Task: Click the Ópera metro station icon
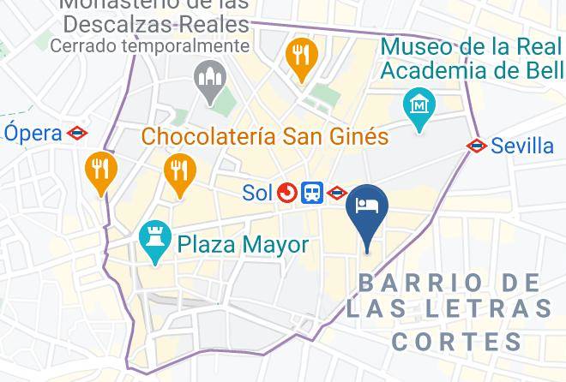coord(77,133)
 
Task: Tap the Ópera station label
coord(33,133)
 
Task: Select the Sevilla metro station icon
coord(477,146)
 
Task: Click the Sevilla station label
coord(522,146)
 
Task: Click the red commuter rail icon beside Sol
coord(287,194)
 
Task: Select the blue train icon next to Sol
coord(312,194)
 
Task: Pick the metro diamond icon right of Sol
coord(336,194)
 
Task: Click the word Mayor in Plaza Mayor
coord(274,245)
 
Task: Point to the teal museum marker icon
coord(419,107)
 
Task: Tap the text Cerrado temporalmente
coord(150,45)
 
